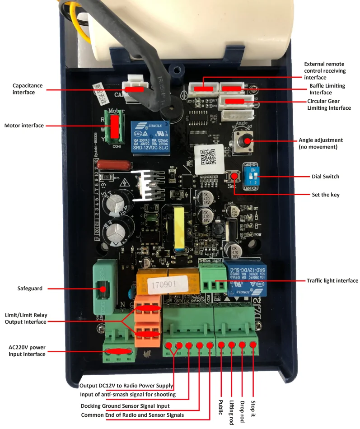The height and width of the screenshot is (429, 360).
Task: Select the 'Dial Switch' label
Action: coord(325,177)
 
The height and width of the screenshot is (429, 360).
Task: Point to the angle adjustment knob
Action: coord(247,140)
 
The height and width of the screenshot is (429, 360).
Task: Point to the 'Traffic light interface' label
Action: coord(332,280)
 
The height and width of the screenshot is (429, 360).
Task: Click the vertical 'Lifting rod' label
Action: coord(232,411)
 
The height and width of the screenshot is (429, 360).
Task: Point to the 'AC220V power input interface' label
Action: coord(27,351)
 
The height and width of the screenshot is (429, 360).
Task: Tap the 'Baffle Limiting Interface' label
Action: coord(327,89)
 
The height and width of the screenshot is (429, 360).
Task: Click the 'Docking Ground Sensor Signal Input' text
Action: coord(125,406)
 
